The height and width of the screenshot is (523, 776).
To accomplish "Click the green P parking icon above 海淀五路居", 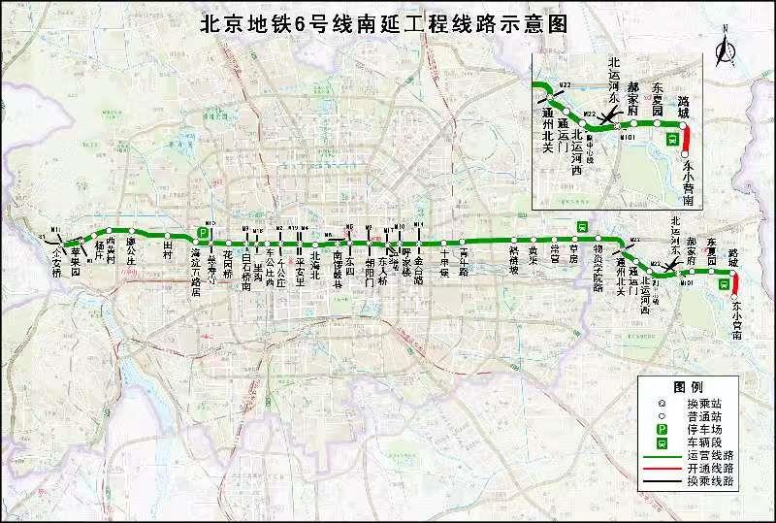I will [x=204, y=233].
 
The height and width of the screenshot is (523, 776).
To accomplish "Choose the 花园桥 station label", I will [x=229, y=259].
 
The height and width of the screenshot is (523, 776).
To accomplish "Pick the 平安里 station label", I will [x=300, y=261].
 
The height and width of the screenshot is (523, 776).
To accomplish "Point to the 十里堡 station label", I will [x=444, y=260].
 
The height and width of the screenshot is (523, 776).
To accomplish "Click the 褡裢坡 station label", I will [x=514, y=260].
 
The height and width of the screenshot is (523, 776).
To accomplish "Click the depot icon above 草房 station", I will [x=582, y=226].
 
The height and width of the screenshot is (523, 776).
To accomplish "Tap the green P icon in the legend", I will [x=663, y=428].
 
